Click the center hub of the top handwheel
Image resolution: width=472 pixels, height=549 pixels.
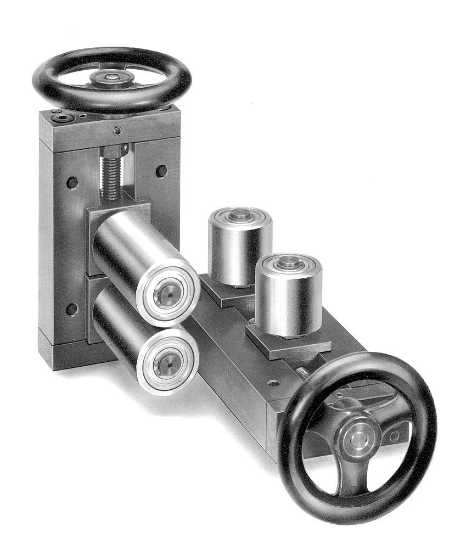pos(112,77)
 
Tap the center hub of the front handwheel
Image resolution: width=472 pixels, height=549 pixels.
pos(358,438)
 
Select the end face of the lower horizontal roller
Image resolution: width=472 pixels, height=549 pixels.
pos(167,360)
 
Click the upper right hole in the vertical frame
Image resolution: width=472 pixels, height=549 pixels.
pos(161,171)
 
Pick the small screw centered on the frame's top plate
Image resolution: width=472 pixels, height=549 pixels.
pos(117,131)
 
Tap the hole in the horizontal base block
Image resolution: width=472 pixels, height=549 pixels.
pos(273,383)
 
